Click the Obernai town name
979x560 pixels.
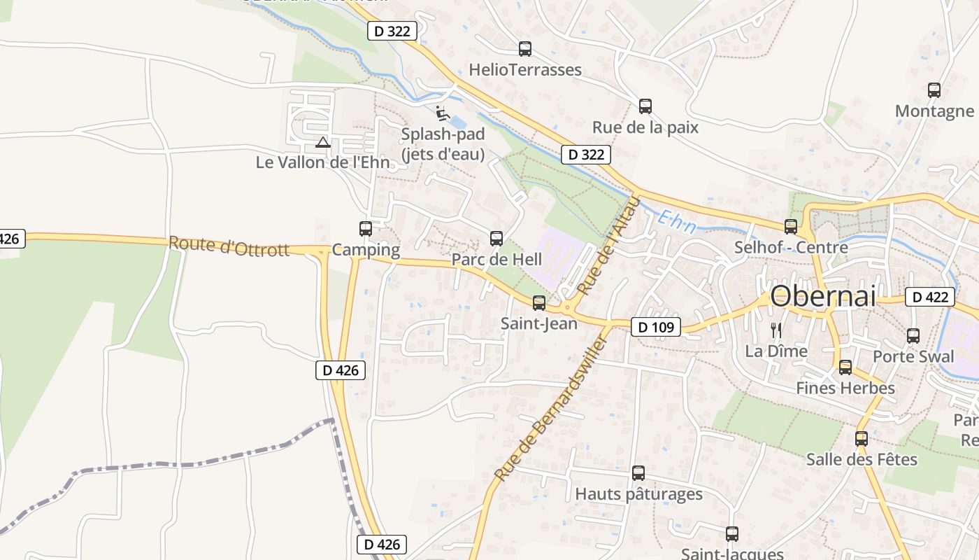(x=822, y=296)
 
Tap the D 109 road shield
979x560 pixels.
(x=655, y=327)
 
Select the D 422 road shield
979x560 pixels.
(x=930, y=297)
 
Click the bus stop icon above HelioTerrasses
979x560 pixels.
(x=525, y=49)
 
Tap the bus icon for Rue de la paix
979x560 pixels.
(x=645, y=106)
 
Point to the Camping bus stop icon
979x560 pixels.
(x=366, y=229)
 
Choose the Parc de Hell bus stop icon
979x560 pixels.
(x=496, y=239)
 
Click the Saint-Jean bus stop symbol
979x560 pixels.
(x=539, y=303)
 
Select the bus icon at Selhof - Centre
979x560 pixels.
(x=791, y=227)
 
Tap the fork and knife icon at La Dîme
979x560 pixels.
(x=776, y=330)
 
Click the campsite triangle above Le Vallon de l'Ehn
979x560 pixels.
(x=322, y=143)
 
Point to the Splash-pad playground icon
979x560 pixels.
(x=441, y=113)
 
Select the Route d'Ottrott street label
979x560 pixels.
(x=229, y=246)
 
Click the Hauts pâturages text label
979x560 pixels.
(x=638, y=494)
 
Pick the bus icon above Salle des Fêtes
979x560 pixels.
(x=862, y=439)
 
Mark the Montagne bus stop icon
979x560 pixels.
(x=934, y=90)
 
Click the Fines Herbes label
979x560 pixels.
(x=845, y=388)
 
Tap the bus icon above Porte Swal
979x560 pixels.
(x=913, y=336)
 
